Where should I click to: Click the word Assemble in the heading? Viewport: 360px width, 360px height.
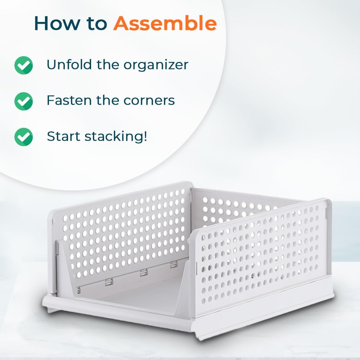coord(165,23)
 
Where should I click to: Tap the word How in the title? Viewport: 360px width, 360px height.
coord(57,23)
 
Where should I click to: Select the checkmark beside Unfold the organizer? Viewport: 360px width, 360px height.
coord(23,65)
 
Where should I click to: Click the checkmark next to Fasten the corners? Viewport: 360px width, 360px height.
coord(23,101)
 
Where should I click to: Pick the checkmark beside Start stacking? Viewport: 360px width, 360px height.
coord(23,137)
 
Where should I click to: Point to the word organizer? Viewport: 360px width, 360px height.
coord(156,65)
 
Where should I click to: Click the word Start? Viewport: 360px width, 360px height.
coord(63,136)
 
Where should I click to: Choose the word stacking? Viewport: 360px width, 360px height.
coord(116,137)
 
